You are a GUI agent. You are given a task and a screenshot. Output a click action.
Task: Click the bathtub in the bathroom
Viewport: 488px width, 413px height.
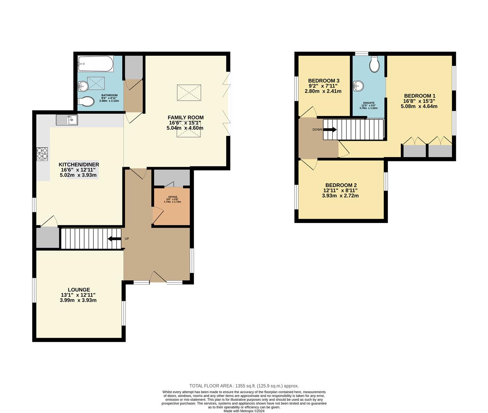(95, 63)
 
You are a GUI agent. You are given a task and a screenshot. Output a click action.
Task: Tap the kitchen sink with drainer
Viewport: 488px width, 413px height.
(67, 120)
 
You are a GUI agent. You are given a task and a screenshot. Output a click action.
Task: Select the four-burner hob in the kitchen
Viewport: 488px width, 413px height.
(42, 153)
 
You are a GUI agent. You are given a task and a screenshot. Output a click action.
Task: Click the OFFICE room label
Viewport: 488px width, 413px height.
(172, 197)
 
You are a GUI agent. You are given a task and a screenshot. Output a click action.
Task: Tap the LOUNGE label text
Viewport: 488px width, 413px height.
(79, 290)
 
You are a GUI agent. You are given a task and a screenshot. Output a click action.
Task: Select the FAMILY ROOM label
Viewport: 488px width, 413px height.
(185, 117)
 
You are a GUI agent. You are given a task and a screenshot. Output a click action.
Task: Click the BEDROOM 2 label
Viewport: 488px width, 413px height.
(340, 184)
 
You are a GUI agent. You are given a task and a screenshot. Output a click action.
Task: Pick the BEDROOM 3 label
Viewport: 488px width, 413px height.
(324, 81)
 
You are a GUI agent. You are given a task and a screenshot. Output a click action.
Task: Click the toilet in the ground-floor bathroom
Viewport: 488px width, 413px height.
(86, 102)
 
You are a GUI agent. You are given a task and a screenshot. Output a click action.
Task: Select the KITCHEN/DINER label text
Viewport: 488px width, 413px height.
(78, 164)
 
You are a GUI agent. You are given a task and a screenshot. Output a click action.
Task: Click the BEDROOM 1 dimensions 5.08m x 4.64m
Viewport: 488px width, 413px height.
(419, 106)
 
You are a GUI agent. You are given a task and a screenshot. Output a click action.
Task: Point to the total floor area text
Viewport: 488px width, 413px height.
(244, 386)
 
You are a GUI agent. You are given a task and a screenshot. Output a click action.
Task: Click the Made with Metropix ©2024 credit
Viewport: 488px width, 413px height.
(244, 411)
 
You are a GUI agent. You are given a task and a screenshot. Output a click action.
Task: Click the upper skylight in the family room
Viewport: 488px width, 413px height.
(189, 93)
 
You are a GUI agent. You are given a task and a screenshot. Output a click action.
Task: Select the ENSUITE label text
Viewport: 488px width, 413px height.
(369, 103)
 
